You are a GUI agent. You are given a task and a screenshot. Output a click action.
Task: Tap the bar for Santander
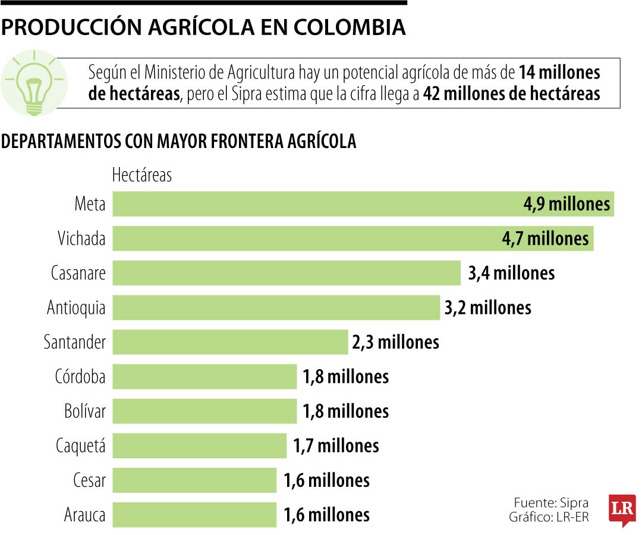[230, 342]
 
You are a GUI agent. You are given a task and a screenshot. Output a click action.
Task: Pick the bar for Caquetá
[200, 445]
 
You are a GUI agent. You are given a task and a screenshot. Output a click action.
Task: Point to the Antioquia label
[76, 308]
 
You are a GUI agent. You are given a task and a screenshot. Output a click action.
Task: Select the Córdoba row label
[80, 377]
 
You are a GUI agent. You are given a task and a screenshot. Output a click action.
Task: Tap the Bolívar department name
[84, 411]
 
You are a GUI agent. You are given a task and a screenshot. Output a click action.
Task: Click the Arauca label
[84, 515]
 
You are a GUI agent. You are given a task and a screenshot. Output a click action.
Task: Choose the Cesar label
[89, 480]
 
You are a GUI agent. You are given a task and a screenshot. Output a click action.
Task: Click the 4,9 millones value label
[567, 204]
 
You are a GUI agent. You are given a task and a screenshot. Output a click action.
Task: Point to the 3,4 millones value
[511, 273]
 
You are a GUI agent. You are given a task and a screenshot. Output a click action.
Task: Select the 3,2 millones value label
[487, 307]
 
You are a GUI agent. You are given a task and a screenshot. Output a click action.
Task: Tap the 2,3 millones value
[395, 342]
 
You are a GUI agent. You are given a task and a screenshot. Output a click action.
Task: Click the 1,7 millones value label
[336, 445]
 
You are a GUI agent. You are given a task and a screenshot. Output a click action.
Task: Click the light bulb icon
[33, 83]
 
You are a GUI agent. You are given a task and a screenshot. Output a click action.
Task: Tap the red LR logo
[622, 510]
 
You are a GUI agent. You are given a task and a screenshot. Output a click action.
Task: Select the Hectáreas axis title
[142, 175]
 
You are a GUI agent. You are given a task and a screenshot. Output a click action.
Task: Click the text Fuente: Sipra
[551, 502]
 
